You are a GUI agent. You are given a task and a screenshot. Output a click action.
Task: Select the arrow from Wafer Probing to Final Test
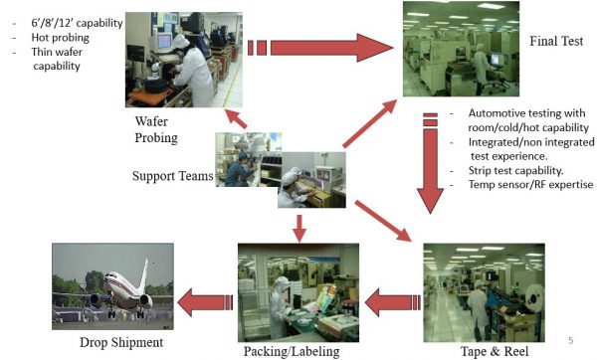(328, 47)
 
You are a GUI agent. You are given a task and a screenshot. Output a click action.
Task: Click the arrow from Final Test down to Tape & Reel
(431, 169)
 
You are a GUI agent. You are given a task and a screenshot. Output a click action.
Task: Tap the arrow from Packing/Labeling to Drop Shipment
(204, 295)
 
